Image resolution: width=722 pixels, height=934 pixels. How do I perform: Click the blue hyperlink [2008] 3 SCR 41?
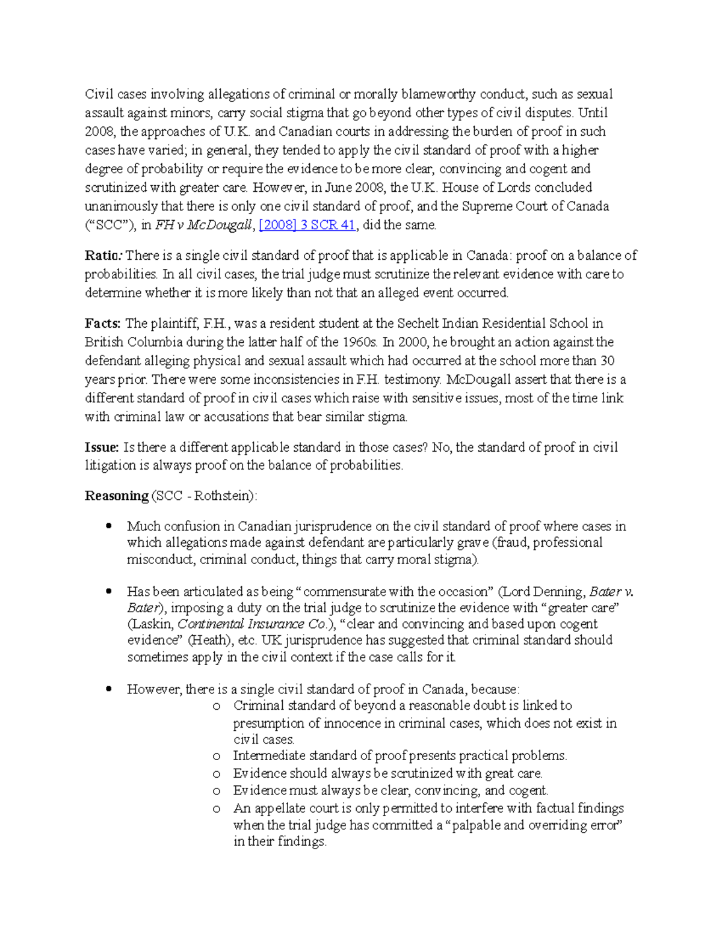[x=307, y=225]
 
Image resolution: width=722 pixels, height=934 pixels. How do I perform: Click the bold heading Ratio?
[x=102, y=255]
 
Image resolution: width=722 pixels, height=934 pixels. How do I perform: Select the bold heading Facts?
[x=103, y=323]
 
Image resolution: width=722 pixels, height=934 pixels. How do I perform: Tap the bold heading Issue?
[x=102, y=447]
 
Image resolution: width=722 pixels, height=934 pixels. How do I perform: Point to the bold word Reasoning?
[x=117, y=496]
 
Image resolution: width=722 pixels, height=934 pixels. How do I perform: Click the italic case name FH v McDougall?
[x=205, y=225]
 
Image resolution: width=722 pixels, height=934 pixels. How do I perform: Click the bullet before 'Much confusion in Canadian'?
[x=109, y=526]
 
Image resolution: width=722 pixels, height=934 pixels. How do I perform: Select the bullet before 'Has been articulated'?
[x=109, y=591]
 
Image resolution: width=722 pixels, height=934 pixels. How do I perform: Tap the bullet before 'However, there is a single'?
[x=109, y=689]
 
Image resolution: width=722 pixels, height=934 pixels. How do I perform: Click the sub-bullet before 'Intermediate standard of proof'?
[x=217, y=756]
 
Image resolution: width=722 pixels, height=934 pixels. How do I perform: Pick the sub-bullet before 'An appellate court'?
[x=217, y=809]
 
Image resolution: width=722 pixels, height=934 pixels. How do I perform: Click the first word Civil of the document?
[x=99, y=94]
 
